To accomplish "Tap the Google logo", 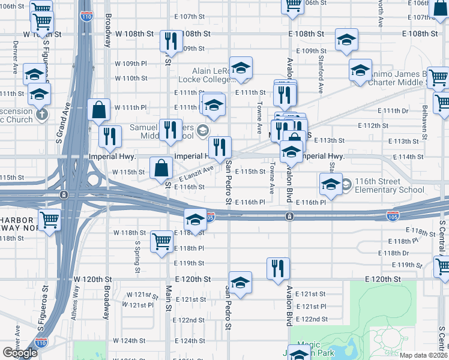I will (20, 353).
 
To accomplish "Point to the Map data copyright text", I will (424, 355).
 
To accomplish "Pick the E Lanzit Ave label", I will (195, 175).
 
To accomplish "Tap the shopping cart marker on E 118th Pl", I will (162, 242).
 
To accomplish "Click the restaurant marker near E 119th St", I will (278, 268).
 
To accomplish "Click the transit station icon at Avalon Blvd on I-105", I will (289, 216).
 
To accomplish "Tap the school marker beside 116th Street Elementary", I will (331, 184).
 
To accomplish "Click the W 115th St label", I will (131, 172).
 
